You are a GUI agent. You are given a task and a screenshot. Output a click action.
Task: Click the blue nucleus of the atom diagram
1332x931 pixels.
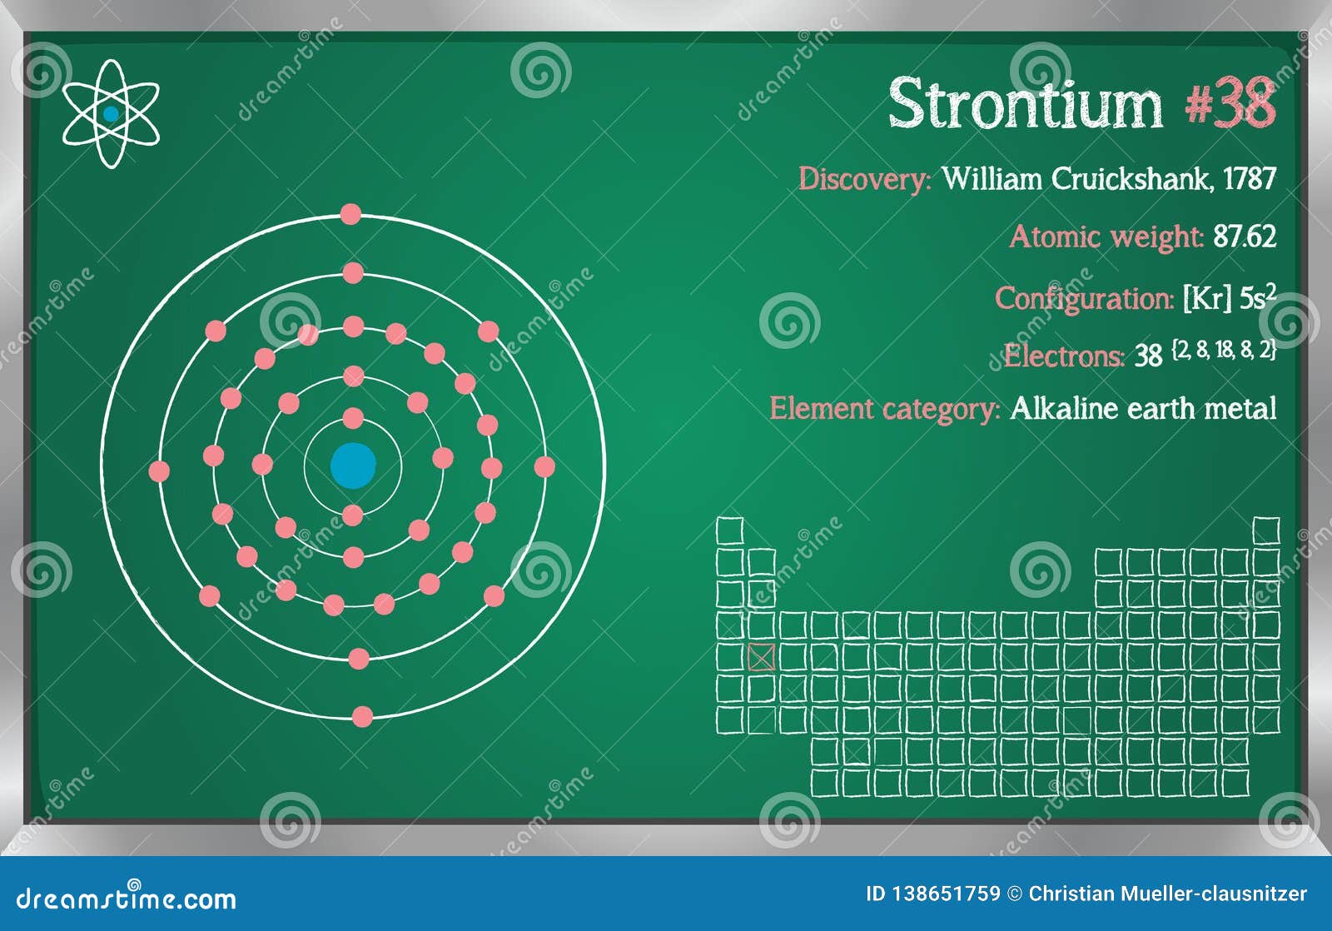pyautogui.click(x=353, y=465)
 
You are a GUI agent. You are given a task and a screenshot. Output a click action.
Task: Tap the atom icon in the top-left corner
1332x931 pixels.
pyautogui.click(x=111, y=114)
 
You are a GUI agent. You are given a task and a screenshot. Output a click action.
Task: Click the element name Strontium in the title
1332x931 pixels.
pyautogui.click(x=1025, y=105)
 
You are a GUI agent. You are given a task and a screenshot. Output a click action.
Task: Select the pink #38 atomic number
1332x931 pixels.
pyautogui.click(x=1230, y=105)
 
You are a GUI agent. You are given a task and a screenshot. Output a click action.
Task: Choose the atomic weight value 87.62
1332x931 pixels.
pyautogui.click(x=1244, y=237)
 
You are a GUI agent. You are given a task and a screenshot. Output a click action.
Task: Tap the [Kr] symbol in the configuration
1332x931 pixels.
pyautogui.click(x=1206, y=298)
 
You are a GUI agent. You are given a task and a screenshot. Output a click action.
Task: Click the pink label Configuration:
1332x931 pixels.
pyautogui.click(x=1084, y=298)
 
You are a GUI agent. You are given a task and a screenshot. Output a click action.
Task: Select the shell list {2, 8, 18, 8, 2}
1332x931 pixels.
pyautogui.click(x=1223, y=351)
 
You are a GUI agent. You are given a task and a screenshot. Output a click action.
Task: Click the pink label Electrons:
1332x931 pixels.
pyautogui.click(x=1063, y=356)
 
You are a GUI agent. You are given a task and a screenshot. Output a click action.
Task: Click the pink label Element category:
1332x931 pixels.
pyautogui.click(x=884, y=409)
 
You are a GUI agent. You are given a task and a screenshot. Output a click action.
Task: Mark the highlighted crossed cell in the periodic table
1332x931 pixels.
pyautogui.click(x=761, y=657)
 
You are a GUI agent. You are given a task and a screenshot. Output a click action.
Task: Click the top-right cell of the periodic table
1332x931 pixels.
pyautogui.click(x=1265, y=530)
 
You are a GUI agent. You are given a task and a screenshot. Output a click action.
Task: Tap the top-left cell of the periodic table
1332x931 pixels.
pyautogui.click(x=729, y=530)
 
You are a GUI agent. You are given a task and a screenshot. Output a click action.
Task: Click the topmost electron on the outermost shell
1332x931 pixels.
pyautogui.click(x=350, y=215)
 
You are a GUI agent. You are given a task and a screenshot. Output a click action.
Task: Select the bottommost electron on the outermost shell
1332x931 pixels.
pyautogui.click(x=362, y=716)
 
